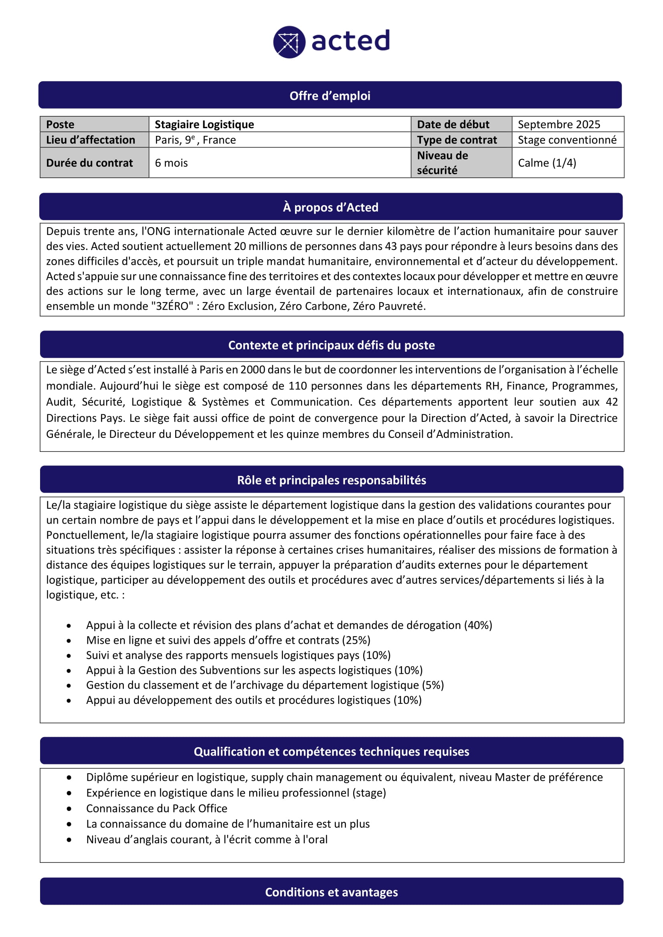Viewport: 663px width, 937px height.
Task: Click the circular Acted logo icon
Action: click(289, 42)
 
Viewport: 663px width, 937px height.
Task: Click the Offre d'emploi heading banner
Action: click(330, 95)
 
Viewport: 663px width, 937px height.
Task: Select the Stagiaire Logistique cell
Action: click(204, 125)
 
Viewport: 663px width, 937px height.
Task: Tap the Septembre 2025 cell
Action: click(558, 125)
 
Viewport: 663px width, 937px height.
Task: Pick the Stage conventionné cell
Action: click(567, 140)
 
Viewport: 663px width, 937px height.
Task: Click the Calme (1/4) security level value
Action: click(547, 163)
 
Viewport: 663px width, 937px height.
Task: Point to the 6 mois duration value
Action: click(171, 163)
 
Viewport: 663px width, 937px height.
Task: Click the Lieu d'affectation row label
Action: click(90, 140)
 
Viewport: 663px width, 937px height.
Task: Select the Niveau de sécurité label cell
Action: click(442, 162)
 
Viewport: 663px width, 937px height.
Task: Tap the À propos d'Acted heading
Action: click(330, 208)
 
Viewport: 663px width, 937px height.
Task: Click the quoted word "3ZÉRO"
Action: click(172, 306)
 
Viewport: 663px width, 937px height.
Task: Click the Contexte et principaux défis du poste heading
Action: click(331, 345)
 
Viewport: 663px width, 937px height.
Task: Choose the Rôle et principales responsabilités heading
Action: click(331, 480)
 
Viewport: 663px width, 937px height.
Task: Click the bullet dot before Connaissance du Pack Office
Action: click(69, 809)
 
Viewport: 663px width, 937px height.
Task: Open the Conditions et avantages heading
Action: click(331, 893)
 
